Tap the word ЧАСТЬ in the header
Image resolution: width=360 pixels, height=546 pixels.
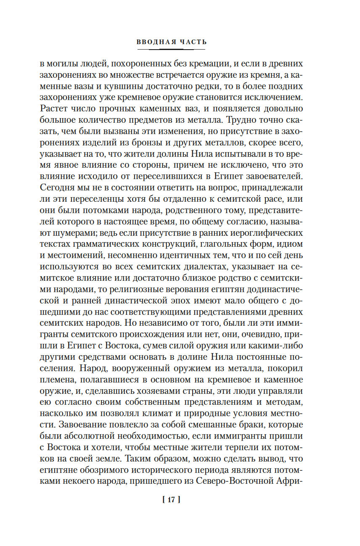coord(193,42)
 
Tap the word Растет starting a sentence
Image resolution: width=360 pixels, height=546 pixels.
coord(53,109)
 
